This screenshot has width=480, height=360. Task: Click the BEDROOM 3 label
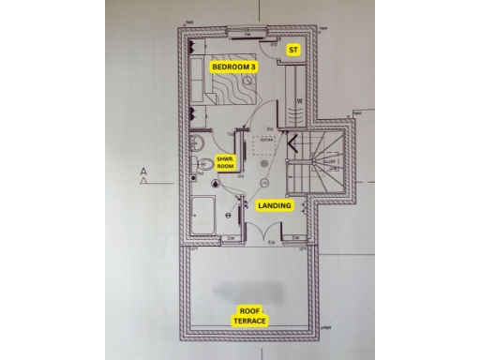point(234,67)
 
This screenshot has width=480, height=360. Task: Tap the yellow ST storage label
point(293,49)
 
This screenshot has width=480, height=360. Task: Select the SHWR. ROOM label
point(226,162)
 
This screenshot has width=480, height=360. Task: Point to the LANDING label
point(275,204)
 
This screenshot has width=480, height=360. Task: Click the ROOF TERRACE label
point(249,315)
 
